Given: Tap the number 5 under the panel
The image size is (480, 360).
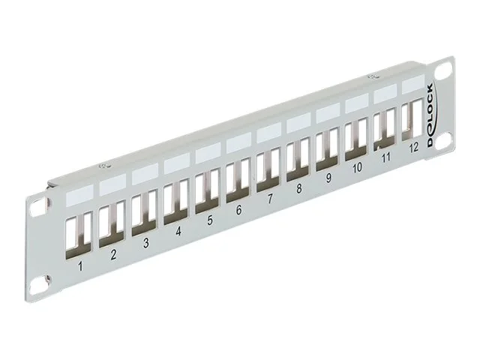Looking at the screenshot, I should click(209, 220).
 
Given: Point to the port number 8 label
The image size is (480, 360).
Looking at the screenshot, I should click(298, 188).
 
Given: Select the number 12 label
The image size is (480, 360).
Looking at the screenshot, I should click(413, 147).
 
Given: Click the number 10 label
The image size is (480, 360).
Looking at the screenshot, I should click(357, 167).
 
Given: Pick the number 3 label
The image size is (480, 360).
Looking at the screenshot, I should click(145, 243).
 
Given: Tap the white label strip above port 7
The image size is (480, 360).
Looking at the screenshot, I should click(268, 133).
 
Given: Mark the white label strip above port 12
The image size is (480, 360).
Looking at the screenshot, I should click(412, 85).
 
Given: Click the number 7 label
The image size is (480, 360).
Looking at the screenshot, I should click(268, 199).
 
